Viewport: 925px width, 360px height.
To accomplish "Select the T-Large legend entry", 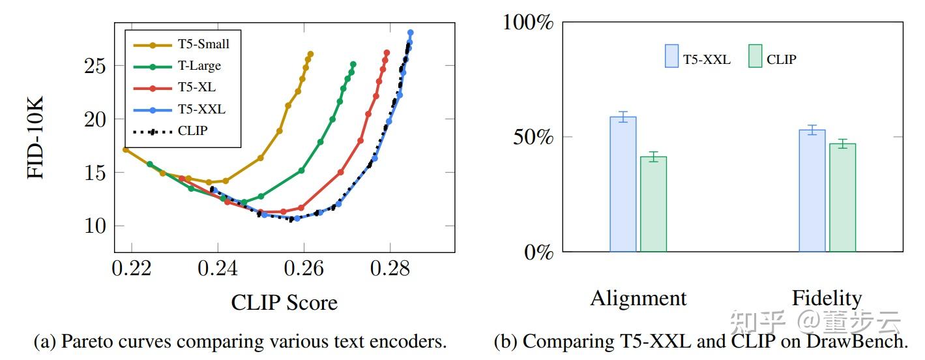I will [199, 66].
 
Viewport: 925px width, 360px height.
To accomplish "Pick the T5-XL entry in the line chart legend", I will [196, 87].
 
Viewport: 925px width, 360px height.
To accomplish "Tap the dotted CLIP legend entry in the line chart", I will [192, 130].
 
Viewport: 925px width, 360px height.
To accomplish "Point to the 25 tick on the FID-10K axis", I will [95, 66].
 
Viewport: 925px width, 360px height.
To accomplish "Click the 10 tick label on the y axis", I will [95, 226].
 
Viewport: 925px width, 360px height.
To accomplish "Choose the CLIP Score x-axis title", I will [284, 303].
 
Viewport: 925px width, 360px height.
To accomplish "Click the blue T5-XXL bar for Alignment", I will [623, 184].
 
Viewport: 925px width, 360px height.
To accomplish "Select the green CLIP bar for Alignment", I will [653, 204].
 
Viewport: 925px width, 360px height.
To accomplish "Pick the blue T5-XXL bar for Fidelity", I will [812, 190].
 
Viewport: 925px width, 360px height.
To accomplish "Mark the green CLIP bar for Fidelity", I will [842, 198].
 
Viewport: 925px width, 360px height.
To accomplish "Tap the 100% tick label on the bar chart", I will [527, 23].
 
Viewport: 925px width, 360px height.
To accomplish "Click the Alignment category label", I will [638, 298].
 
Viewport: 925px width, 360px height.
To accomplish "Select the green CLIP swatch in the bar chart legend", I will [755, 56].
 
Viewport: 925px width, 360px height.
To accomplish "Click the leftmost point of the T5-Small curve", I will [125, 149].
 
